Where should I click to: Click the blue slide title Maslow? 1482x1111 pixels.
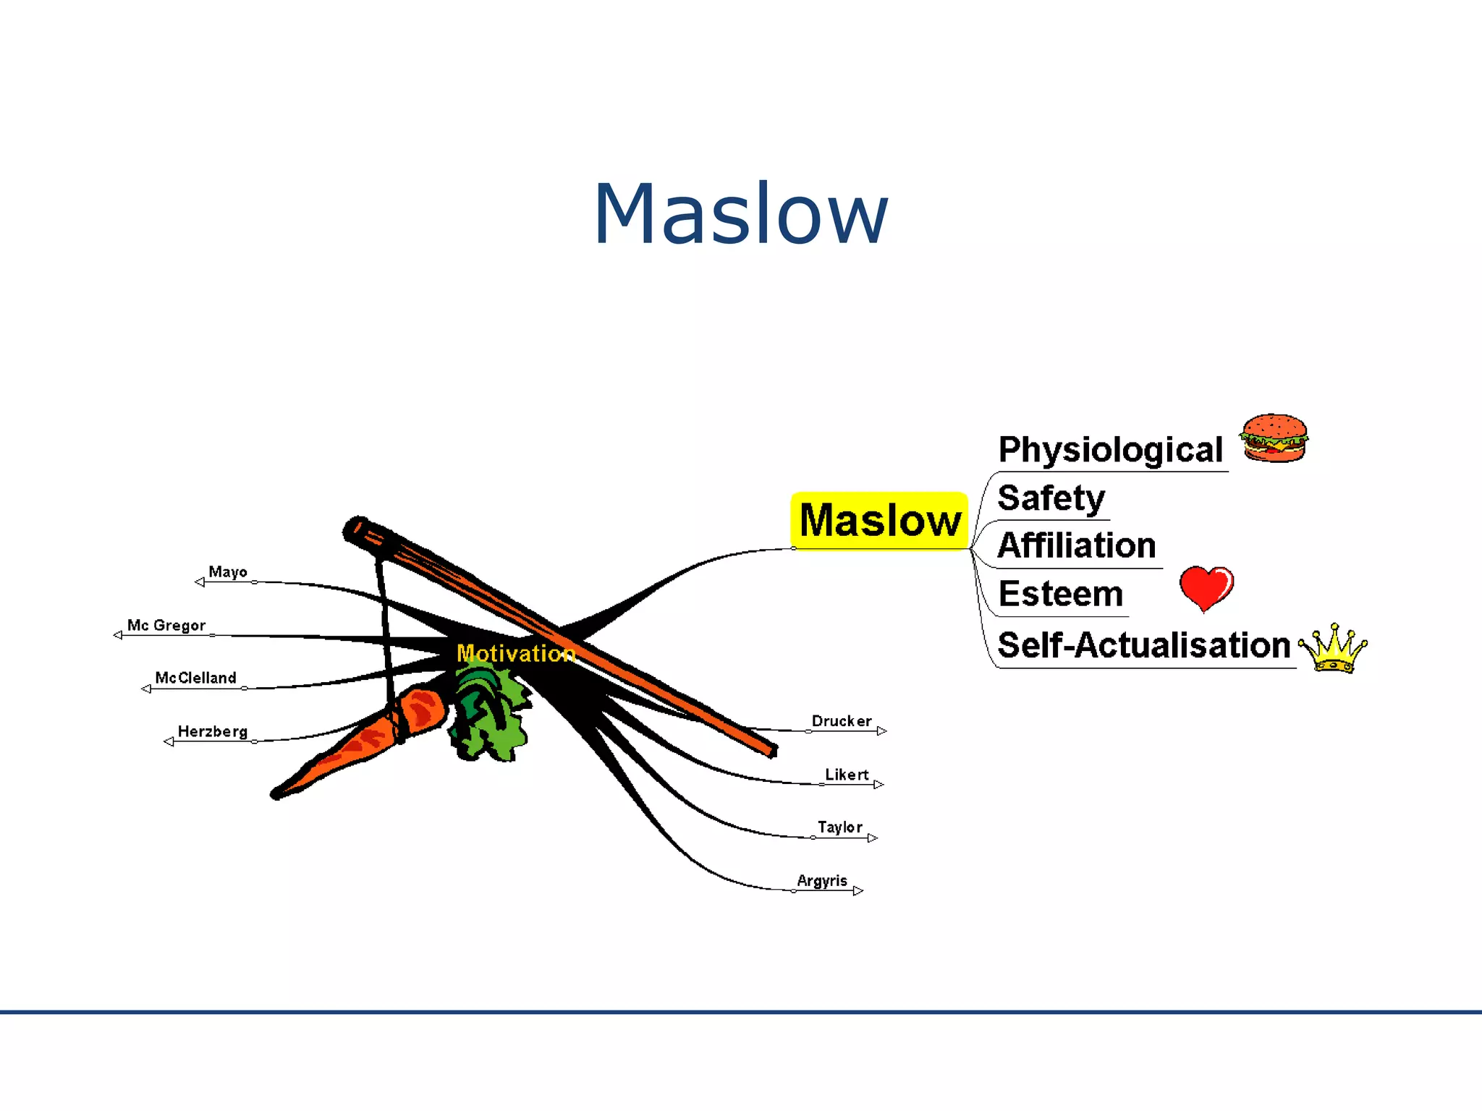click(x=740, y=214)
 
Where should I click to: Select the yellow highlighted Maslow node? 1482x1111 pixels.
click(x=879, y=520)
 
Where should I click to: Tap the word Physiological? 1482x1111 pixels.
click(x=1110, y=450)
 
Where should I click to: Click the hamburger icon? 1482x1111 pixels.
click(x=1274, y=438)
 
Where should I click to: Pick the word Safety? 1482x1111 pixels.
click(x=1051, y=498)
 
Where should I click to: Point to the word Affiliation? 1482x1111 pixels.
click(x=1076, y=545)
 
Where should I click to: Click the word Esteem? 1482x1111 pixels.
click(x=1060, y=594)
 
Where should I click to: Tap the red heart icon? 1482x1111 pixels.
click(x=1206, y=587)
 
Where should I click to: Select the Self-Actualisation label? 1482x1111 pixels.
click(x=1143, y=645)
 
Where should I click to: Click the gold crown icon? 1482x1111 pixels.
click(x=1333, y=649)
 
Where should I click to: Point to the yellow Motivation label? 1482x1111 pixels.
click(x=516, y=653)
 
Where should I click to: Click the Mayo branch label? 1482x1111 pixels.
click(x=228, y=572)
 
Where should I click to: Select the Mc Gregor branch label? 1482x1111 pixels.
click(x=166, y=625)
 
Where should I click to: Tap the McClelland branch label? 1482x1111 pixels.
click(x=195, y=678)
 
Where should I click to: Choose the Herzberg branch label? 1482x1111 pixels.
click(x=213, y=731)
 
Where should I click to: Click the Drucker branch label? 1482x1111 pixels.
click(x=841, y=721)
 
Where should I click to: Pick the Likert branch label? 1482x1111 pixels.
click(x=846, y=775)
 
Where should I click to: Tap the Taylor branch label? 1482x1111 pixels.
click(x=839, y=827)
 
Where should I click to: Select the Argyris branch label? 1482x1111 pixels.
click(x=821, y=880)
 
